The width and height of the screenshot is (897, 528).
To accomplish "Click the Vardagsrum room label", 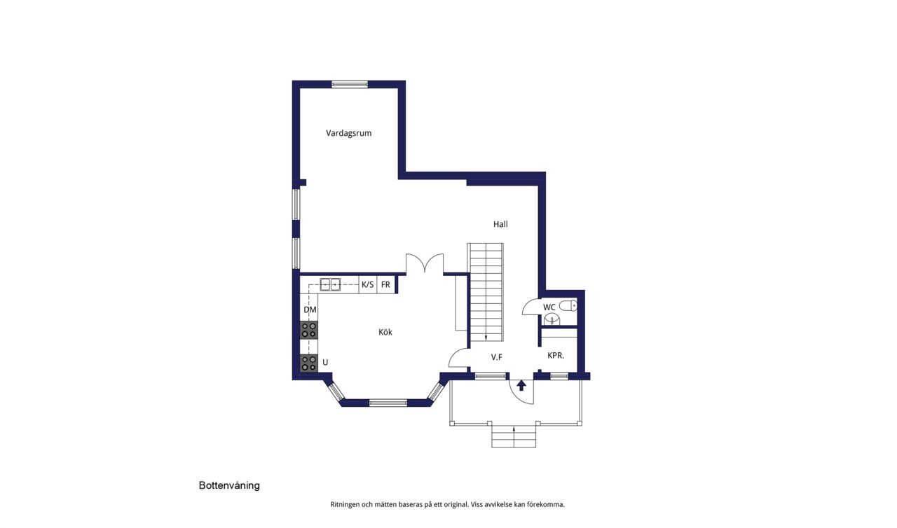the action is point(348,133).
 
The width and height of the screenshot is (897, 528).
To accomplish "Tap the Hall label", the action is point(500,224).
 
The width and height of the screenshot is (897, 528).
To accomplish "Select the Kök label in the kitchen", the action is point(385,332).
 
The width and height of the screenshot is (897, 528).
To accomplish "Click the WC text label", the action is point(549,307).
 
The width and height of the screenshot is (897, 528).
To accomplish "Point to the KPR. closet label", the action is point(556,355).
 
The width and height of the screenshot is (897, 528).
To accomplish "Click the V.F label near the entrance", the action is point(497,357).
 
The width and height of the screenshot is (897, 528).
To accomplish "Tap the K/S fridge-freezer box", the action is point(368,285).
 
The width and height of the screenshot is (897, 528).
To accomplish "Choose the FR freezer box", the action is point(385,285).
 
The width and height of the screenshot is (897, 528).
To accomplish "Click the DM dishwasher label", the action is point(310,310).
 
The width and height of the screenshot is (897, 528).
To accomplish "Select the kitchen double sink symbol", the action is point(330,284).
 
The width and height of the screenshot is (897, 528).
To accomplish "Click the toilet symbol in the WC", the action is point(568,306).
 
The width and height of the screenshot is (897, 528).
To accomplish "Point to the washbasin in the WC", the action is point(552,319).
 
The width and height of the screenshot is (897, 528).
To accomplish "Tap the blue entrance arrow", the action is point(521,385).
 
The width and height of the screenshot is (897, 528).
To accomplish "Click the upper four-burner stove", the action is point(309,331).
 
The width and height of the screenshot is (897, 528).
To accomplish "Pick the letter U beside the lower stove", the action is point(325,363).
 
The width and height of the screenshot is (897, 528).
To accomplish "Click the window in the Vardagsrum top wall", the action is point(350,85).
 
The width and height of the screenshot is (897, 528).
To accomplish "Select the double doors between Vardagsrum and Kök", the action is point(425,263).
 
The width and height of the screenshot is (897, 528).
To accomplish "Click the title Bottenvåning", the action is point(229,485).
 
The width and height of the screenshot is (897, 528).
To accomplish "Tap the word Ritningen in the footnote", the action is point(345,505).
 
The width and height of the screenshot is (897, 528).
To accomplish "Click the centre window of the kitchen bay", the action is point(388,403).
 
